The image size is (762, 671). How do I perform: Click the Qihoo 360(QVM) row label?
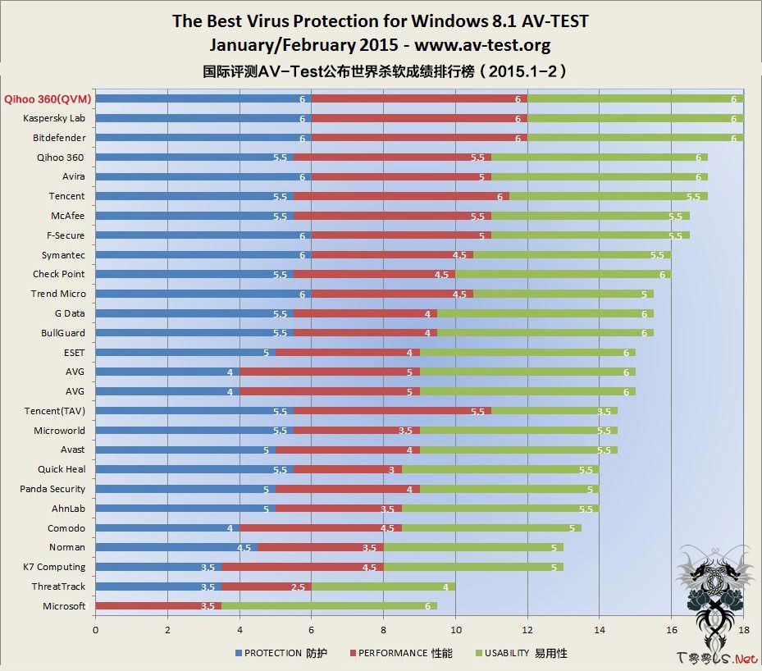(x=47, y=98)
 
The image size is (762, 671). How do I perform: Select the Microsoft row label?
(x=64, y=606)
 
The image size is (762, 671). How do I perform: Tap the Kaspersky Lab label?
(x=54, y=118)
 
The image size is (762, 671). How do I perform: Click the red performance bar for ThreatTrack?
(x=267, y=587)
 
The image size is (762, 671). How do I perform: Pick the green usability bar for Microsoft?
(x=329, y=606)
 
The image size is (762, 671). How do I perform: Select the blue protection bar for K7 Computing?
(x=158, y=567)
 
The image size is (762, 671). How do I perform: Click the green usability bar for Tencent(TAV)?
(x=554, y=411)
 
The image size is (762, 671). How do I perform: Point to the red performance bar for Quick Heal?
(x=348, y=469)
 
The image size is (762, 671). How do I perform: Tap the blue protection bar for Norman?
(x=176, y=547)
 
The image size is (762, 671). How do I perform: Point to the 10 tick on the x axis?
(x=455, y=629)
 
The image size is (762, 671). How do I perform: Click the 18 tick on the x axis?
(x=742, y=629)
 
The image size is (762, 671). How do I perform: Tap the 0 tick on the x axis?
(x=96, y=629)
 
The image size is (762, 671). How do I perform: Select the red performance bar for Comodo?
(x=320, y=528)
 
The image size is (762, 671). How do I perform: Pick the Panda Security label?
(x=52, y=489)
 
